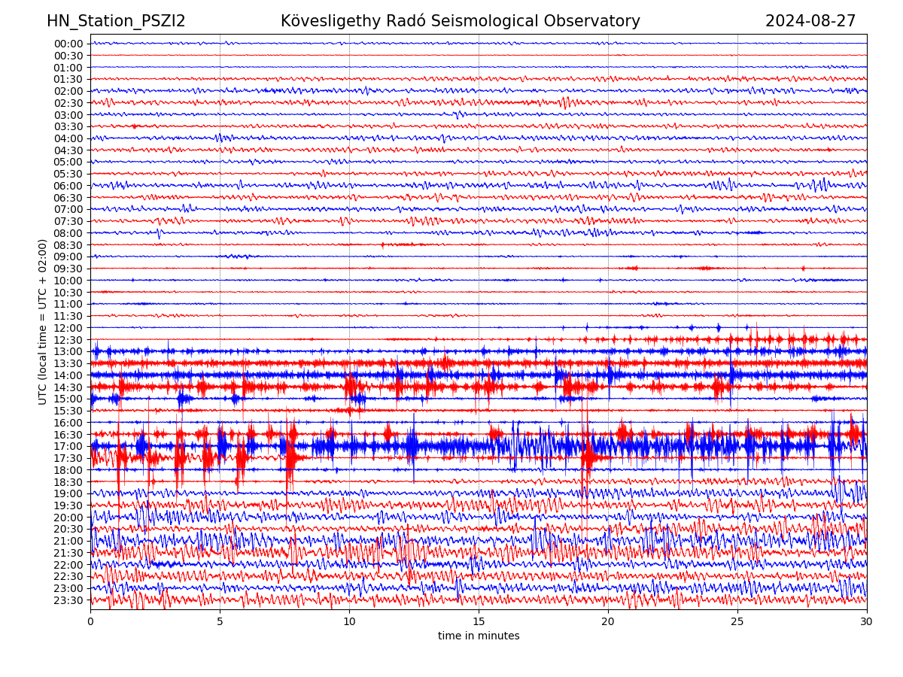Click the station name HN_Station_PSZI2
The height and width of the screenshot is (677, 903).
click(116, 21)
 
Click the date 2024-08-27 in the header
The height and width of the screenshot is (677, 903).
click(810, 21)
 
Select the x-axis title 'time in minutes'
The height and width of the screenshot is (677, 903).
click(479, 636)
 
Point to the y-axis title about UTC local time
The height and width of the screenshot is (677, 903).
click(43, 322)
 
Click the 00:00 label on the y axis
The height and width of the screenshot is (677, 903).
click(68, 44)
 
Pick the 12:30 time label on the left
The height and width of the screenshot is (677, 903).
click(68, 340)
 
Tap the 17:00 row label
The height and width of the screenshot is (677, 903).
click(68, 446)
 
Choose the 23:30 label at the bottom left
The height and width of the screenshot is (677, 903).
click(68, 600)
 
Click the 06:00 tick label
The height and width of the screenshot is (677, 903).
click(68, 186)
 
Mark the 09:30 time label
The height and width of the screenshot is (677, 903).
click(68, 269)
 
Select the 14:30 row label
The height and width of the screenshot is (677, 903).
click(68, 387)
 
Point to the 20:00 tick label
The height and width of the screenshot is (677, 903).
click(68, 518)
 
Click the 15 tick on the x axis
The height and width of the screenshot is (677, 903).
click(479, 621)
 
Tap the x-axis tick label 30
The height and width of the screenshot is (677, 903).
click(867, 621)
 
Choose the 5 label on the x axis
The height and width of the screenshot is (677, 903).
click(220, 621)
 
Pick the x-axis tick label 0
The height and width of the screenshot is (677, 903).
click(90, 621)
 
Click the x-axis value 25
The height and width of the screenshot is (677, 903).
click(737, 621)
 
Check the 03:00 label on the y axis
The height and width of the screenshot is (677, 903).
click(68, 115)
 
